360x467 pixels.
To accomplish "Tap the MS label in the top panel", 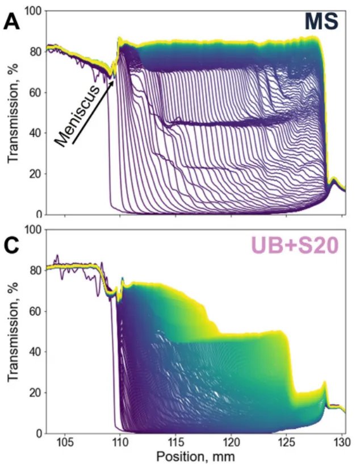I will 321,22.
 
